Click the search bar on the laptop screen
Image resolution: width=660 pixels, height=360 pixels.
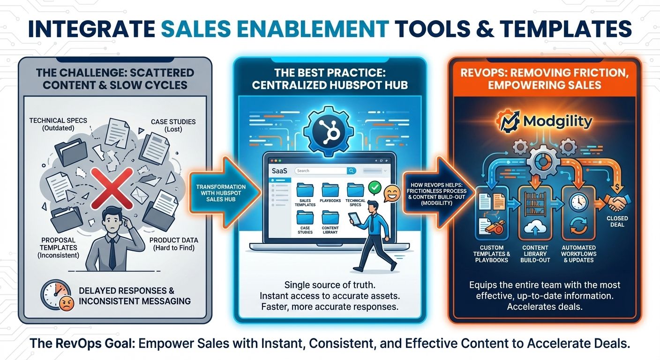click(325, 171)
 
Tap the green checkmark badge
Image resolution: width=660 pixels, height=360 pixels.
click(374, 188)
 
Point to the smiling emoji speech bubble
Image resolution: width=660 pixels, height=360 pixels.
click(391, 194)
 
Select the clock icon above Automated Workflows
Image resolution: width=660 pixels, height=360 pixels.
click(576, 201)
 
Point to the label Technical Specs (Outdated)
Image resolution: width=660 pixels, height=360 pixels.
click(58, 124)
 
